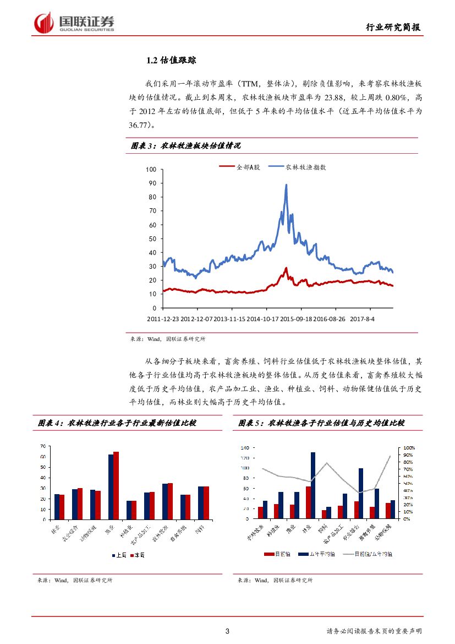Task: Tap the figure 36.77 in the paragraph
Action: coord(140,125)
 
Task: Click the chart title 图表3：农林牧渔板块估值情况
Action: coord(186,146)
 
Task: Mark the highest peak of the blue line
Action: coord(286,185)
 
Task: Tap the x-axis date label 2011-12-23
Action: coord(163,319)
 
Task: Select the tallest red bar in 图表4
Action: coord(116,485)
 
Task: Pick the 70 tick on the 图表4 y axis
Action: coord(42,446)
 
